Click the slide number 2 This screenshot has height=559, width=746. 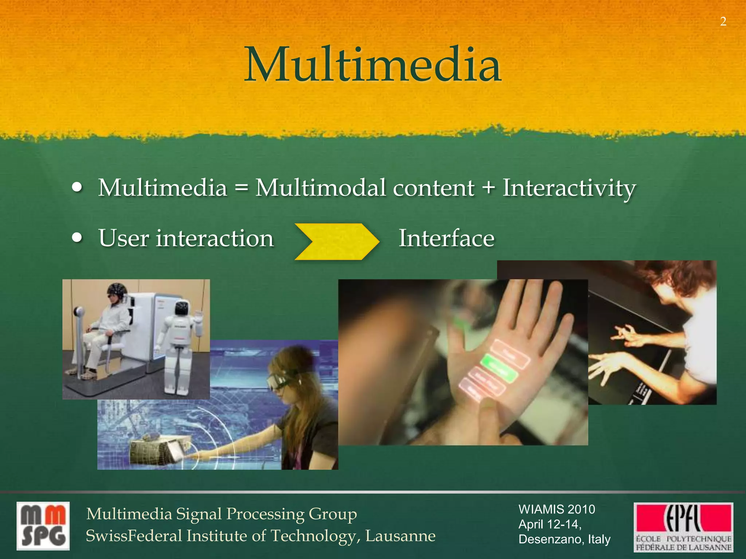click(723, 22)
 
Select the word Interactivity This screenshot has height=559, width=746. click(569, 188)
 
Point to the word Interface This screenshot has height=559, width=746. click(447, 238)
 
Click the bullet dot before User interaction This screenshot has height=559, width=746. click(77, 238)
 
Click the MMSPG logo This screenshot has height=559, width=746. click(43, 526)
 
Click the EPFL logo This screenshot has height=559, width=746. click(683, 527)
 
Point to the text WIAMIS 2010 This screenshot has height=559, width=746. click(557, 509)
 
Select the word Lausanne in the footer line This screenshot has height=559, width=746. click(400, 536)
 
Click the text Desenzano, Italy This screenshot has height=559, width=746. click(564, 539)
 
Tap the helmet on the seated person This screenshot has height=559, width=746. click(117, 290)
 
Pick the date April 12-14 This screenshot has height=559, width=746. click(549, 524)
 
